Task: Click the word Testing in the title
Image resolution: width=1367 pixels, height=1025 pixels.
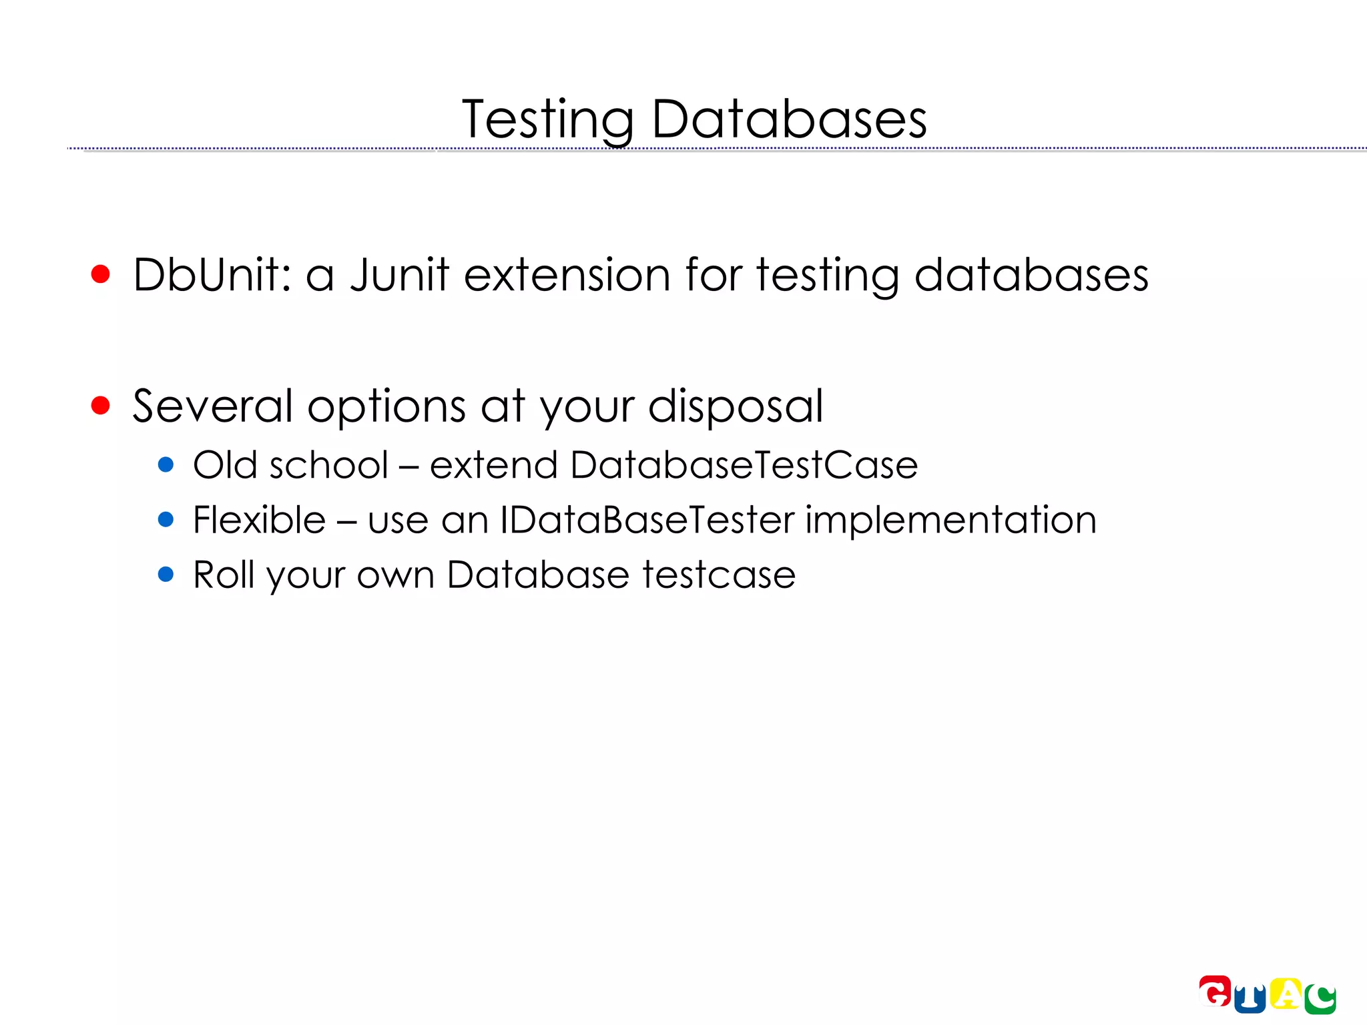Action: click(x=547, y=120)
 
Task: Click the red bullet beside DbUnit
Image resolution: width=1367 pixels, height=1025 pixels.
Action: click(x=100, y=274)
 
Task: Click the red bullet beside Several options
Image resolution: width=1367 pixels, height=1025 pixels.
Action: click(x=100, y=405)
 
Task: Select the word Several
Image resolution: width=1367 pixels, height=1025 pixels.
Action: click(x=212, y=406)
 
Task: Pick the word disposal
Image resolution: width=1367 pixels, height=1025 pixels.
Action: click(x=736, y=406)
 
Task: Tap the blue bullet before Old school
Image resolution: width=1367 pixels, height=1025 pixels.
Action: click(x=166, y=464)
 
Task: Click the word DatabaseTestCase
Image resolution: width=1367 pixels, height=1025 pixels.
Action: click(x=744, y=464)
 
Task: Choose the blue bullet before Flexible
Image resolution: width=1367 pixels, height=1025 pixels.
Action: click(x=166, y=519)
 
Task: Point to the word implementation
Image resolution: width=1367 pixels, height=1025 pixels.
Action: click(x=950, y=519)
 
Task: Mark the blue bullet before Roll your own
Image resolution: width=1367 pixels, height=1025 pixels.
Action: click(x=166, y=574)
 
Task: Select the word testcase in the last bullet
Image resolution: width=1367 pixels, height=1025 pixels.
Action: click(x=719, y=575)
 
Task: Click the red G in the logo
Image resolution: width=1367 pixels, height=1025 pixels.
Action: click(x=1215, y=992)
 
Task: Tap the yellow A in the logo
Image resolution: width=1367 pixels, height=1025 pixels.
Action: click(x=1286, y=994)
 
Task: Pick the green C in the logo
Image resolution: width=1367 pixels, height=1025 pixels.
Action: click(x=1320, y=999)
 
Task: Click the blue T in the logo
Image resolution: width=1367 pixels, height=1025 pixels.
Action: click(x=1250, y=999)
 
